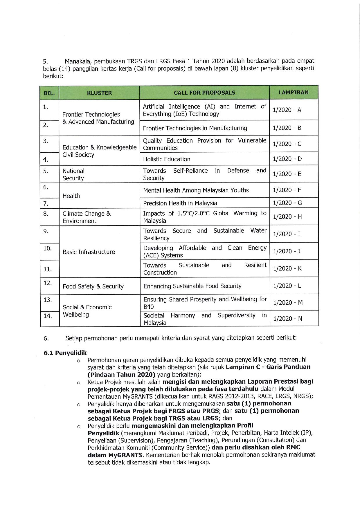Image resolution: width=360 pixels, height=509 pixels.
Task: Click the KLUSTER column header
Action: tap(99, 93)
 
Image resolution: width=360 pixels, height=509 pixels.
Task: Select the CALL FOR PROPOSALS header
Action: tap(204, 93)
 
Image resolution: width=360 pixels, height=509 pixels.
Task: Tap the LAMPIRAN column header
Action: tap(294, 93)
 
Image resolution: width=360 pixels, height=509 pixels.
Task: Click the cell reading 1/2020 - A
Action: tap(287, 110)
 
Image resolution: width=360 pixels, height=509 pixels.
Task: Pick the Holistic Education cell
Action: tap(167, 159)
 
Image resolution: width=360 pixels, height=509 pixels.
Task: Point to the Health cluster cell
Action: tap(71, 196)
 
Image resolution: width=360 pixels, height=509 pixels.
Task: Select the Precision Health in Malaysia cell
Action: tap(180, 203)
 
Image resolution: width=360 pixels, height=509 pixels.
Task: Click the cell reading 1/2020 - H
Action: tap(287, 217)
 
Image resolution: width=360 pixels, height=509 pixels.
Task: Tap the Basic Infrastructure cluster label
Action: tap(89, 252)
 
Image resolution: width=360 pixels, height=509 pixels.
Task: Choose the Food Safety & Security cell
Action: tap(93, 286)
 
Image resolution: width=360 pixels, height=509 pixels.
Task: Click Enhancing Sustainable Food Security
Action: tap(192, 286)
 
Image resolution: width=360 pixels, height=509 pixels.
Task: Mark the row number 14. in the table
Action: tap(48, 316)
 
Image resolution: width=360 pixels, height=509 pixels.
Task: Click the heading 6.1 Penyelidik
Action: tap(65, 353)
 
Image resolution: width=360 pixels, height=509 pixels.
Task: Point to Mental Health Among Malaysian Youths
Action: tap(196, 190)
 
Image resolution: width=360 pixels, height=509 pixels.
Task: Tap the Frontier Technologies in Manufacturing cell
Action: tap(195, 128)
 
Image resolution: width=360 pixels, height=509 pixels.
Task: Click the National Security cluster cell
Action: tap(73, 175)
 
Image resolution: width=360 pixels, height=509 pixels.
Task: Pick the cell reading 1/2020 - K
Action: tap(287, 269)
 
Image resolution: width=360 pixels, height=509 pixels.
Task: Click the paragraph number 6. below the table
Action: tap(46, 338)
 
